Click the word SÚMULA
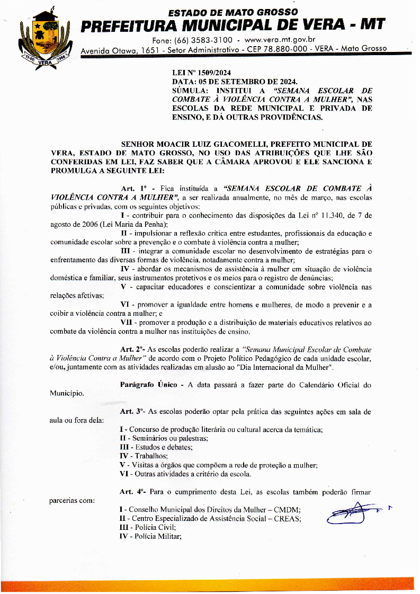188,91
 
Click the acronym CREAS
288,519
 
